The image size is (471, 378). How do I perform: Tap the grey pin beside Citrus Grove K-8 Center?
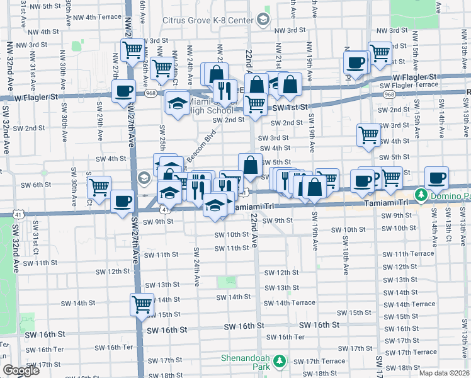[262, 20]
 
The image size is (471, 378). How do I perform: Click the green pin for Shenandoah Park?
[278, 362]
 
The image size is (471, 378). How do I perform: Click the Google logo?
[21, 370]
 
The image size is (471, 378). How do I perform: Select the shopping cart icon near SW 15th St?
[142, 304]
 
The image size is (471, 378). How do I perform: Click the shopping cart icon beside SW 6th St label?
[99, 186]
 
